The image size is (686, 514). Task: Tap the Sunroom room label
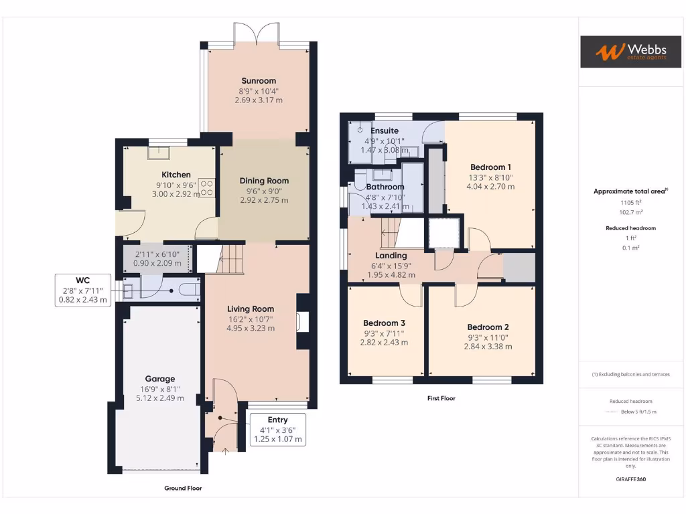tap(259, 81)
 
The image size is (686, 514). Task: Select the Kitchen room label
tap(176, 175)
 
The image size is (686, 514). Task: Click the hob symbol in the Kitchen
tap(206, 187)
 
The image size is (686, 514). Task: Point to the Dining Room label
tap(264, 181)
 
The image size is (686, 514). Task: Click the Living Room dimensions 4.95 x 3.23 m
tap(251, 329)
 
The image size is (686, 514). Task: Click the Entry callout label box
tap(277, 430)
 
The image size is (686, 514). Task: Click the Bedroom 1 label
tap(490, 167)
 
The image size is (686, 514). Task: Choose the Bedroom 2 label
tap(488, 327)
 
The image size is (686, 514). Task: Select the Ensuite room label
tap(385, 131)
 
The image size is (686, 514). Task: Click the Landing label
tap(391, 256)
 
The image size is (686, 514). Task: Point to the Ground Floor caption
tap(183, 488)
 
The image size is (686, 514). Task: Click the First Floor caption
tap(441, 398)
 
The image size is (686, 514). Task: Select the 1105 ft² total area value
tap(629, 201)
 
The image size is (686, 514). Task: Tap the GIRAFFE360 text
tap(630, 479)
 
